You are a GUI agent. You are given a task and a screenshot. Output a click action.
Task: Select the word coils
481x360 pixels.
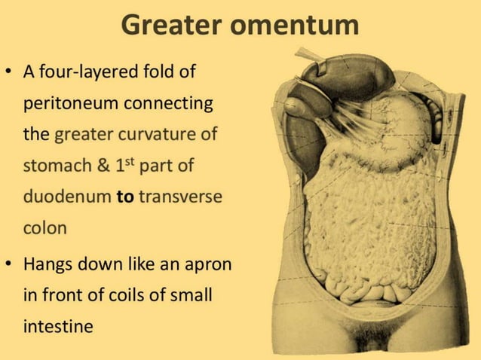pyautogui.click(x=129, y=296)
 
